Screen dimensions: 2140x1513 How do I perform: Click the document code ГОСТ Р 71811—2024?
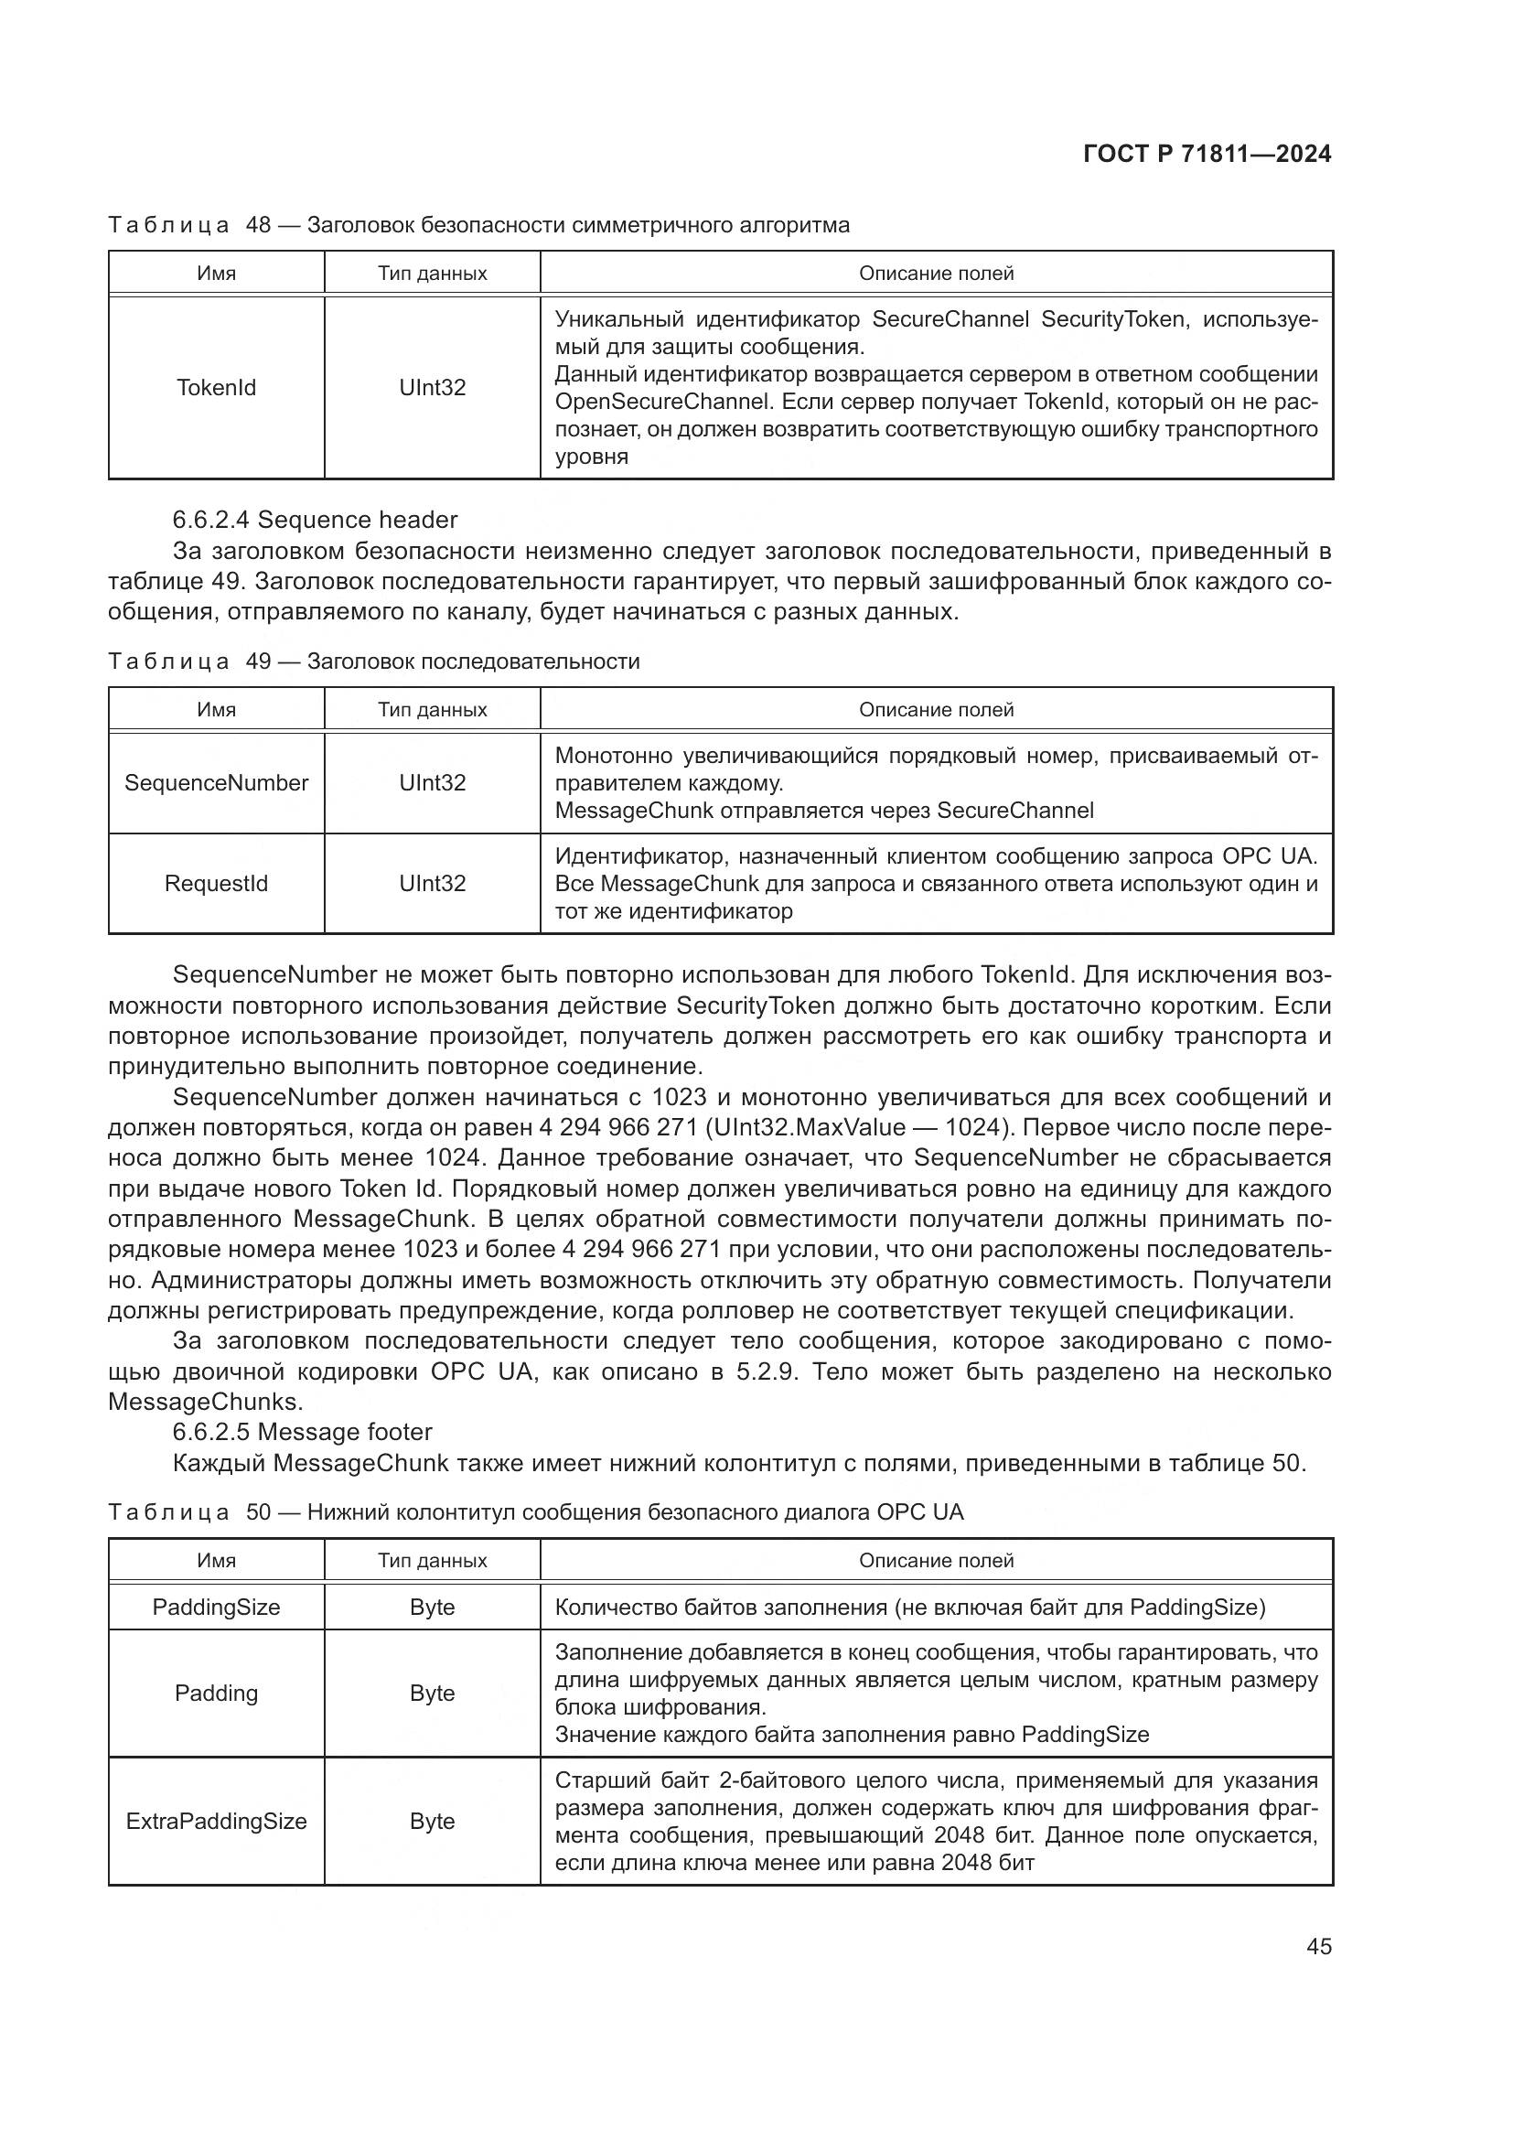1207,155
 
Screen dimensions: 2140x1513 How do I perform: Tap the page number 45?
1318,1946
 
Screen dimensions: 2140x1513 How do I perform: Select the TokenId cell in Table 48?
216,388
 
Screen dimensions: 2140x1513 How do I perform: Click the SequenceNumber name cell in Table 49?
216,783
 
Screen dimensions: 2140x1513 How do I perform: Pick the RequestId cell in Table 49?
216,884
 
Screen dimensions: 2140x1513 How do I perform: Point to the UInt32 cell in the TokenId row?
433,388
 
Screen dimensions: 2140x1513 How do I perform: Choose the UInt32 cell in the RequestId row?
433,884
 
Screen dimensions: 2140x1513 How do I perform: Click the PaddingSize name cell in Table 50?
216,1607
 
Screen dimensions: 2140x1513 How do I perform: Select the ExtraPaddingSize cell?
216,1822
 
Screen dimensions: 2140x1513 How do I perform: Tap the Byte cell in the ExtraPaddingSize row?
433,1822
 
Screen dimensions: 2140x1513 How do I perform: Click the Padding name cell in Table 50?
216,1694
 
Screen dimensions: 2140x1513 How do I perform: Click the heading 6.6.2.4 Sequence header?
315,520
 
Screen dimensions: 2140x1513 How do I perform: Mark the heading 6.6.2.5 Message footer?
303,1433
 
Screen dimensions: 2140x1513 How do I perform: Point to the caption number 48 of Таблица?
258,226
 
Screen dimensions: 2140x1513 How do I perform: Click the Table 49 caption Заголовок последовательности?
473,661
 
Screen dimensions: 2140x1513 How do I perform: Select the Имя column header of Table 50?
216,1560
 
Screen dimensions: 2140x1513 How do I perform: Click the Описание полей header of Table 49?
936,710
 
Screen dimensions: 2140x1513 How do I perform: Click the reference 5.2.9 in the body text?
767,1372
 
